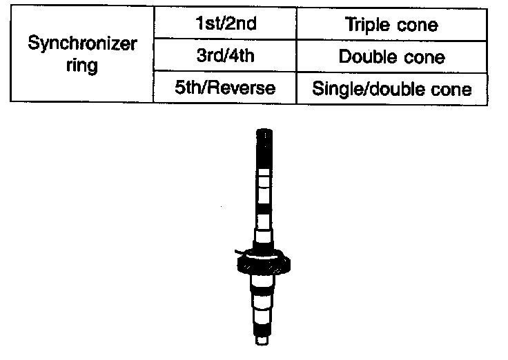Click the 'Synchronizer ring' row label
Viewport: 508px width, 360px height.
tap(82, 55)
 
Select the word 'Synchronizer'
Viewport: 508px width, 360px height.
tap(82, 43)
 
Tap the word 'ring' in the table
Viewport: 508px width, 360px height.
tap(82, 68)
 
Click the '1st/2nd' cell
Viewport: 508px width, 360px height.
tap(226, 23)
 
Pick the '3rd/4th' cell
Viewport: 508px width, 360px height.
tap(226, 56)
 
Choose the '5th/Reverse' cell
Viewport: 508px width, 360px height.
tap(226, 88)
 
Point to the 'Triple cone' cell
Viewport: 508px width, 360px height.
tap(391, 23)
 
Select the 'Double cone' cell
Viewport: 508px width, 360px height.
tap(391, 56)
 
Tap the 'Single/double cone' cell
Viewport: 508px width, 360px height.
tap(391, 88)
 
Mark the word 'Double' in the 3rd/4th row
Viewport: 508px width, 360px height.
tap(364, 56)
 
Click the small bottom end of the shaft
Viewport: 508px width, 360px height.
tap(263, 339)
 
